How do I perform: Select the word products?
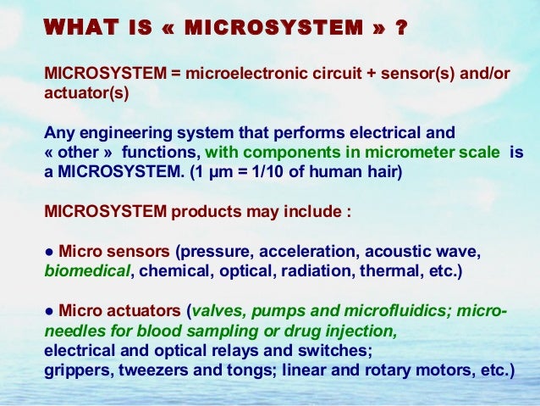pos(204,212)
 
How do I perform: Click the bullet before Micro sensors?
pos(50,253)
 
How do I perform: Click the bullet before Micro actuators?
pos(50,311)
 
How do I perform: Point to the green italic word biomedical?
pos(88,273)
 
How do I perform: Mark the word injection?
pos(359,331)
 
